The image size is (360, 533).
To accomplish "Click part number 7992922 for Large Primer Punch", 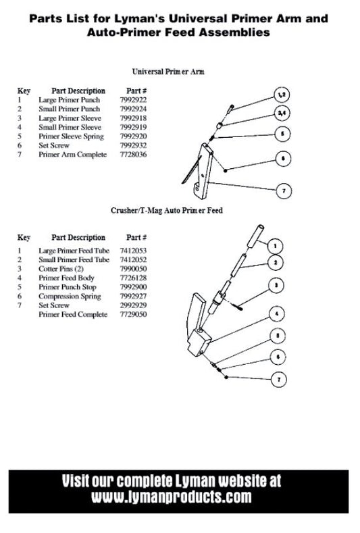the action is point(133,100).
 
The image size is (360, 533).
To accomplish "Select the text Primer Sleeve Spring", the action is point(71,136).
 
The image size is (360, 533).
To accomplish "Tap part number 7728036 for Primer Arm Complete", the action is point(133,155).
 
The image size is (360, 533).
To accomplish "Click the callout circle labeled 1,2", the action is point(282,95).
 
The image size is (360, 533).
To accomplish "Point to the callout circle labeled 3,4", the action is point(282,113).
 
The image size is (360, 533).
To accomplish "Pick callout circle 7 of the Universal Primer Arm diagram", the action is point(284,191).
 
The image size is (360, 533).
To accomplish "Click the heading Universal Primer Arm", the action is point(168,72).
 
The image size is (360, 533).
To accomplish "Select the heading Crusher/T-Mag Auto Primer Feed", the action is point(167,210).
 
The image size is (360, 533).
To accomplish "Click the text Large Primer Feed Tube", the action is point(74,251).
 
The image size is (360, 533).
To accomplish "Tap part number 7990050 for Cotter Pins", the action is point(133,269).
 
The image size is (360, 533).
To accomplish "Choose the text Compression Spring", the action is point(70,297).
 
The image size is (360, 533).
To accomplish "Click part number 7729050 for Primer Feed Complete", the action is point(133,314).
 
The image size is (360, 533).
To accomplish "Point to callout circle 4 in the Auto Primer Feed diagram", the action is point(276,313).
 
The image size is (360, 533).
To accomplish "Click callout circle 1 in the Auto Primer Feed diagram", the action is point(275,246).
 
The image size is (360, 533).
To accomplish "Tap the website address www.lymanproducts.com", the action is point(172,497).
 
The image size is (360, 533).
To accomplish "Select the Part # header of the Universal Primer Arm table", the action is point(136,91).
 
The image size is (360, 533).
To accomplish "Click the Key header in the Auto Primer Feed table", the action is point(24,237).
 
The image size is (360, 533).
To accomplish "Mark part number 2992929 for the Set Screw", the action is point(133,305).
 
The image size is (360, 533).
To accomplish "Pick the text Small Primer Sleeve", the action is point(70,127).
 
